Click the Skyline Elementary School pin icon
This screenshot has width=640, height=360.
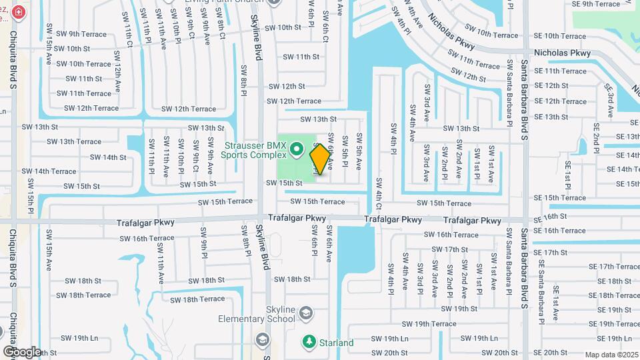[x=306, y=313]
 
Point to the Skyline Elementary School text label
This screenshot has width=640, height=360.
[x=256, y=313]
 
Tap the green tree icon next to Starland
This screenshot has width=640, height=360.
[x=308, y=341]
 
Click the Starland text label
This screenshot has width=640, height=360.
[x=336, y=343]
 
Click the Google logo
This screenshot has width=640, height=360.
[x=22, y=351]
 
